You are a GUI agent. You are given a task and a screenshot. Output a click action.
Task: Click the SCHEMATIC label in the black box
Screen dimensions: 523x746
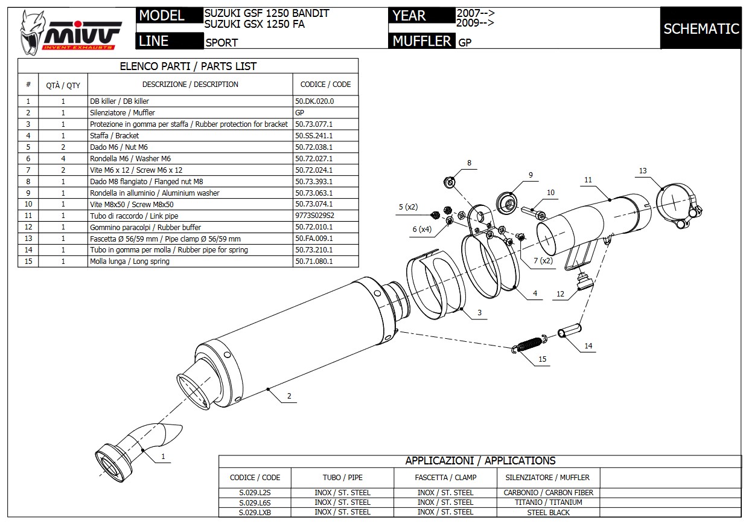[701, 28]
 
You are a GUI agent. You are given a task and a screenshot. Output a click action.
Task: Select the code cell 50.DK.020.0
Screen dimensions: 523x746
[314, 101]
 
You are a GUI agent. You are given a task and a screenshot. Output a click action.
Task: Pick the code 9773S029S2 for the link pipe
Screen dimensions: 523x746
[314, 216]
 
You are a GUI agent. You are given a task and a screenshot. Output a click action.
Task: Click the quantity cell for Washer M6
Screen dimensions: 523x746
[63, 159]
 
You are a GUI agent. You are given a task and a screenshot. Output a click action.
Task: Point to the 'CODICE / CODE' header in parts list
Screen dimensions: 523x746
[325, 85]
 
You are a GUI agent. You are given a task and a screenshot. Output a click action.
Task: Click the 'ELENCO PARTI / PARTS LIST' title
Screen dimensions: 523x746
[188, 66]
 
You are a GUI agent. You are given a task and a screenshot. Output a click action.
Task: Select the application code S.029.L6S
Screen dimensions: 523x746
[255, 502]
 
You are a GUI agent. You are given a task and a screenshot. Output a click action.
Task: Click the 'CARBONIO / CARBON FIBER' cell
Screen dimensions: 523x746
[548, 493]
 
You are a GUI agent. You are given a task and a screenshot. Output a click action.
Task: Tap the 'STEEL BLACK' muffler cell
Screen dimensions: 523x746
[548, 513]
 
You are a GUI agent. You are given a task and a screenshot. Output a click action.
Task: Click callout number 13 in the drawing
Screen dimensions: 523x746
[643, 171]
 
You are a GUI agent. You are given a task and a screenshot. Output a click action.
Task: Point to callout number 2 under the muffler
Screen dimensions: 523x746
[289, 396]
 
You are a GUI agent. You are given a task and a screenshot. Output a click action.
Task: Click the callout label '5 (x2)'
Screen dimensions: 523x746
[408, 207]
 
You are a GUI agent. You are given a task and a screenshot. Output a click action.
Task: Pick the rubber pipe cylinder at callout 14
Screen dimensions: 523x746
[570, 332]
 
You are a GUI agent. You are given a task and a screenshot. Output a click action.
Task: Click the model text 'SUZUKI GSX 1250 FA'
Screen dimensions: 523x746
[254, 24]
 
